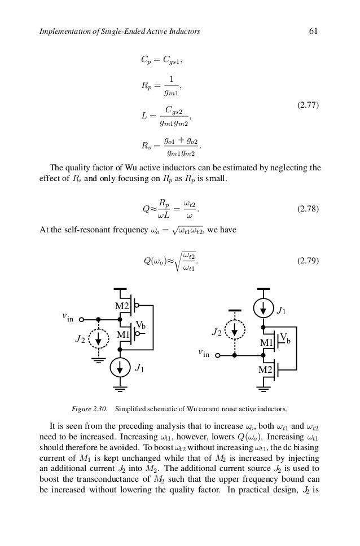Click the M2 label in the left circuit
click(122, 307)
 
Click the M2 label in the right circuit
click(266, 369)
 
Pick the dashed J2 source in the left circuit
click(98, 339)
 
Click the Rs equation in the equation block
click(172, 146)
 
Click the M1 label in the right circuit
click(267, 342)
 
